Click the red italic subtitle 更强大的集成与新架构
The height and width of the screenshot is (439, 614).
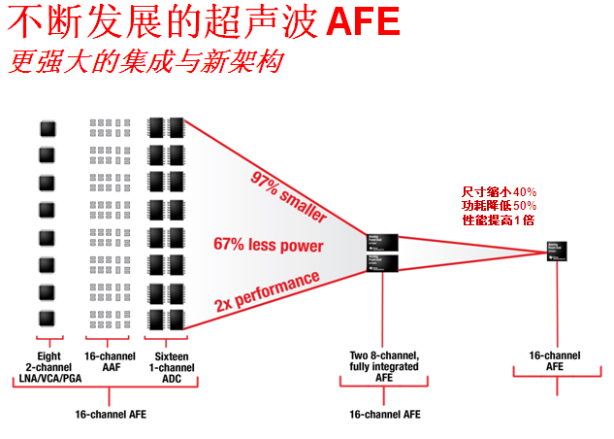(146, 62)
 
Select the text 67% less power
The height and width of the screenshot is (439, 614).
(268, 246)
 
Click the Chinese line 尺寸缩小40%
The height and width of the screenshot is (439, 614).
(499, 192)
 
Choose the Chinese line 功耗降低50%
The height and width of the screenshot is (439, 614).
(499, 206)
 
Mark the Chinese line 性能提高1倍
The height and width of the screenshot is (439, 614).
(499, 220)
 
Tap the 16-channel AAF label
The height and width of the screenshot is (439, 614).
(107, 362)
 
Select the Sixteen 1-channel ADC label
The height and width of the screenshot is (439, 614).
(165, 367)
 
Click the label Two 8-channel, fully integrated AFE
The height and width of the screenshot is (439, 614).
(383, 367)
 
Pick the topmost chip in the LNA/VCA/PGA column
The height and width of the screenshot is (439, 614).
(46, 127)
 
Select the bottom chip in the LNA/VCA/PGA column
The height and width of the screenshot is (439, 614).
(46, 319)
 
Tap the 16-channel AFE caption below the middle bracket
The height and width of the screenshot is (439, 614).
(383, 414)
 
